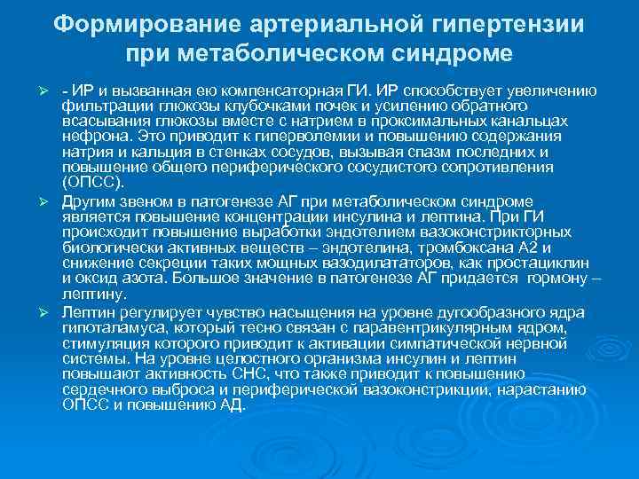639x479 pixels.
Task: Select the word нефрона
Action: (x=94, y=137)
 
